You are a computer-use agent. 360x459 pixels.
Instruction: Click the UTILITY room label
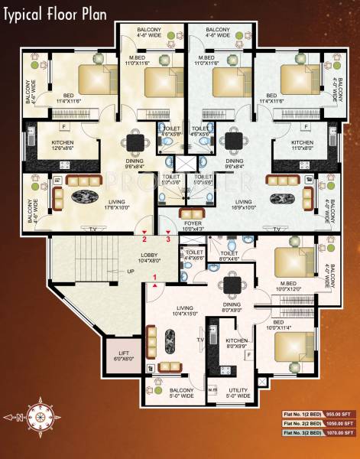pos(238,392)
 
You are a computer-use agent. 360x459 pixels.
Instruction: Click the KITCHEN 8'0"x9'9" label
pos(236,343)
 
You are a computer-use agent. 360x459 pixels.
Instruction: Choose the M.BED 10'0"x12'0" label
pos(288,286)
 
